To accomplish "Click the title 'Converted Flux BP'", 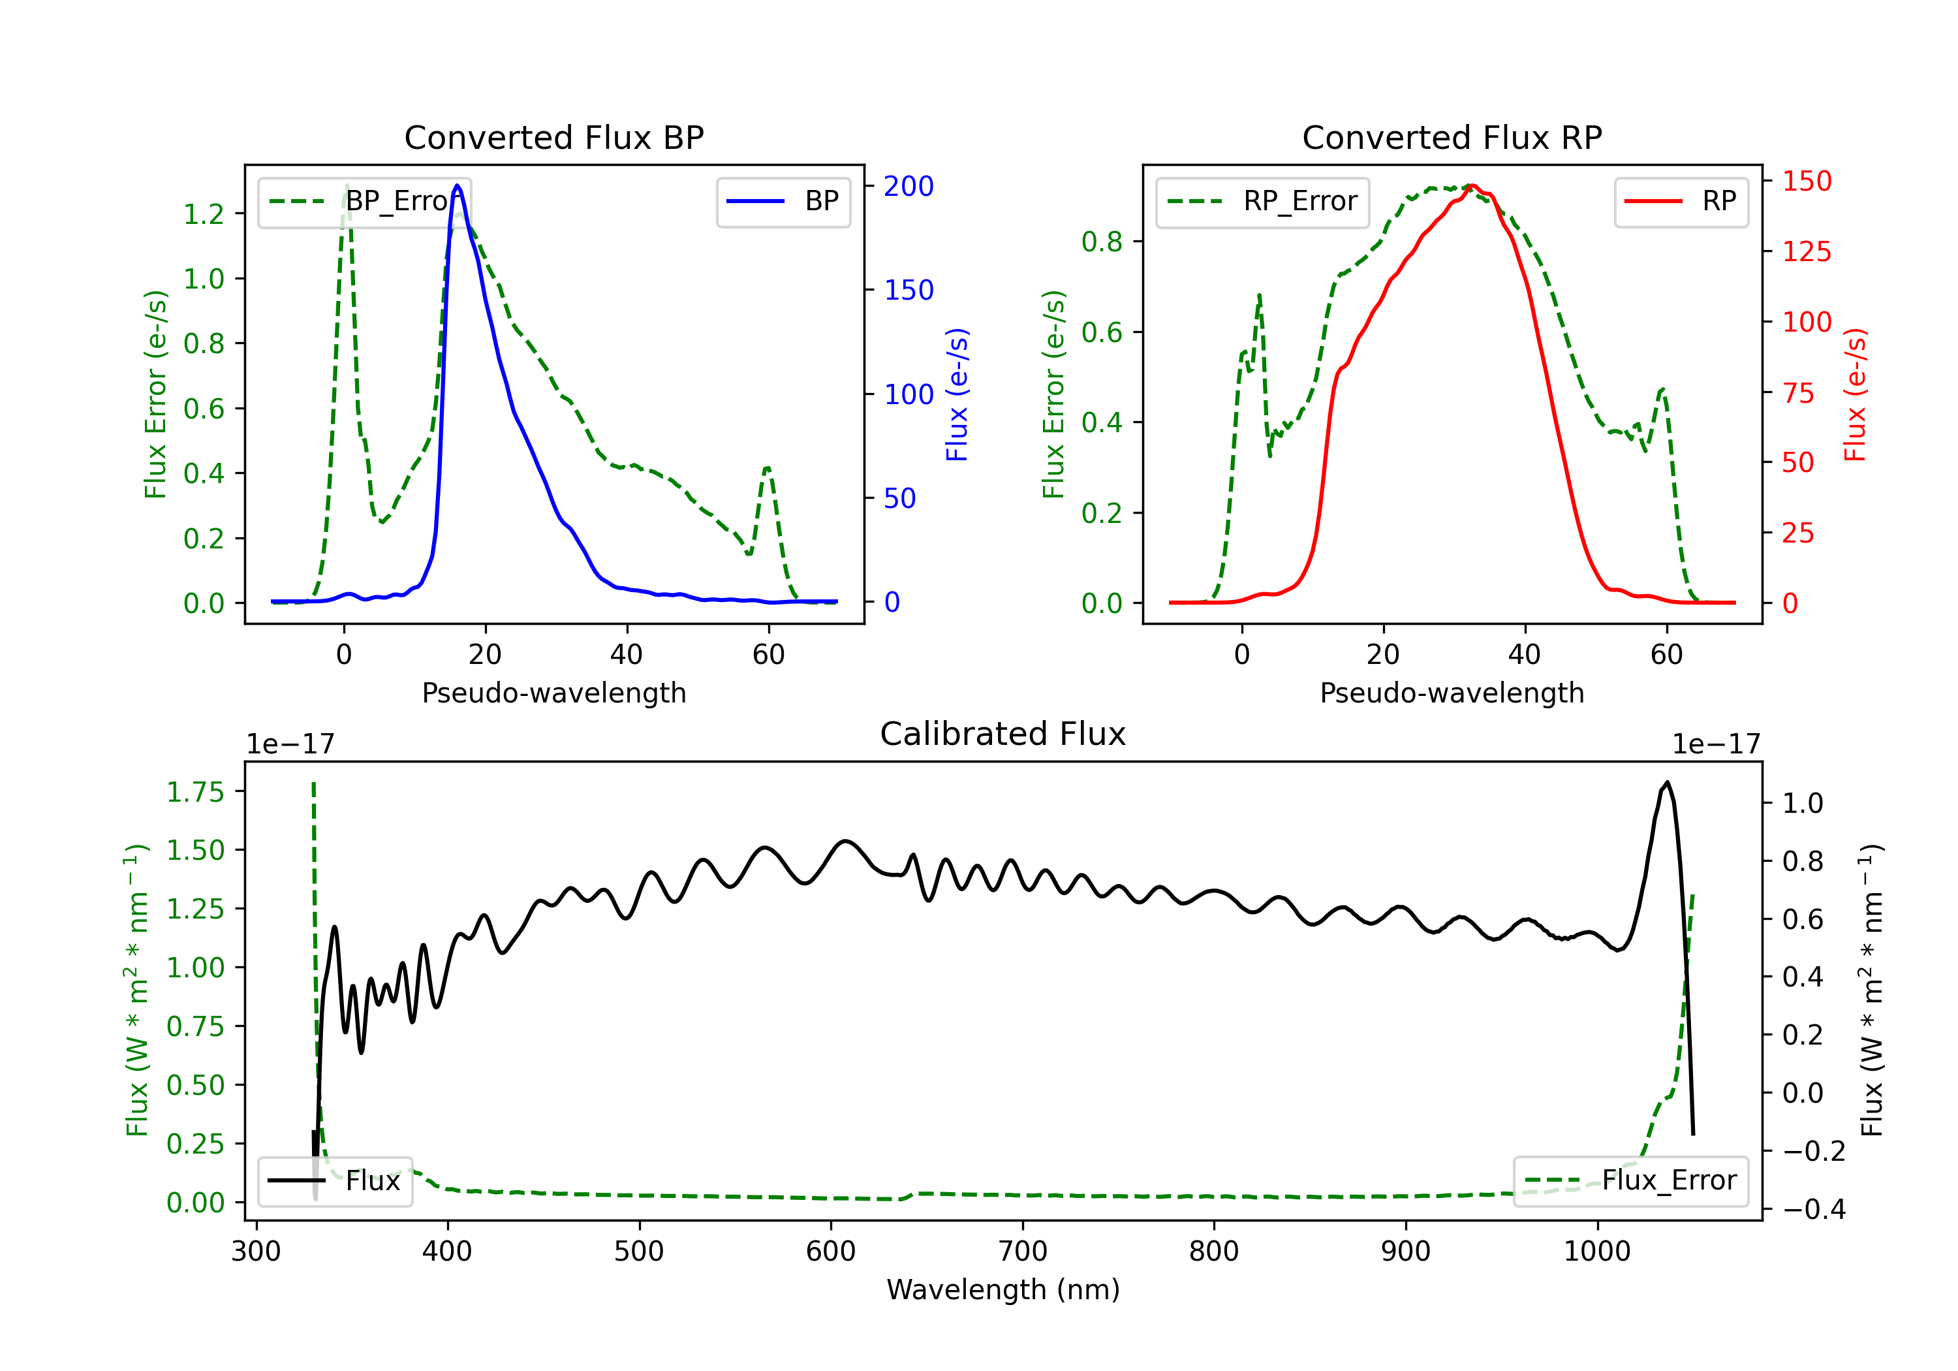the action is point(553,137).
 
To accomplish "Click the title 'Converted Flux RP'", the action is point(1452,137).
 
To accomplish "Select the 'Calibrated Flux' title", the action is point(1003,734).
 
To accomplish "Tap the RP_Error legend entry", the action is point(1262,201).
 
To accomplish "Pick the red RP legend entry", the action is point(1681,201).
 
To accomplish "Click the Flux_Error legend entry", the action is point(1630,1181).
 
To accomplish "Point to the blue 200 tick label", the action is point(909,186).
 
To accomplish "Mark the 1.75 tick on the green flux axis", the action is point(195,792).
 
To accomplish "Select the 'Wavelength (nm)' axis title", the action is point(1003,1289).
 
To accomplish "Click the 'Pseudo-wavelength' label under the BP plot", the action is point(553,693).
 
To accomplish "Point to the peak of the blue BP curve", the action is point(457,185).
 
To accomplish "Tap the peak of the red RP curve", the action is point(1472,186).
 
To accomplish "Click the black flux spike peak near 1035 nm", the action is point(1666,782).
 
